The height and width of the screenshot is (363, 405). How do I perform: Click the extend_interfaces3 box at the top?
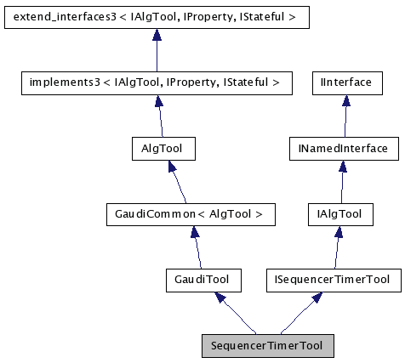click(155, 16)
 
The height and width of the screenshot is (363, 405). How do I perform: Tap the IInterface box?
click(345, 82)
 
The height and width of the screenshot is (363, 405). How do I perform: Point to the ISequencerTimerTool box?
click(333, 279)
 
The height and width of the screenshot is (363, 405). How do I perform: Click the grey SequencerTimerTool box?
click(267, 346)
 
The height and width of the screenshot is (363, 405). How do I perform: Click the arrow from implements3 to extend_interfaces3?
click(156, 51)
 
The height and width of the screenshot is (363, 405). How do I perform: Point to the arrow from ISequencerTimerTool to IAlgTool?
click(336, 247)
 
